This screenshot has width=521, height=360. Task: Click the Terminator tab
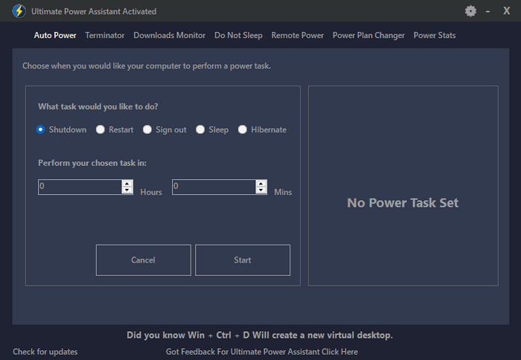[105, 35]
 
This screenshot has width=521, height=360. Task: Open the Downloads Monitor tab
[170, 35]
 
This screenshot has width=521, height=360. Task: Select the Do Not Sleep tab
[238, 35]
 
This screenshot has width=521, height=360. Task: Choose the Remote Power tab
[298, 35]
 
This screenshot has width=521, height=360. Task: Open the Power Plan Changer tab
[368, 35]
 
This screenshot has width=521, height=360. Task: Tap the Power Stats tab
[434, 35]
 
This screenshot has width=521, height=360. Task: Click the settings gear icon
[470, 11]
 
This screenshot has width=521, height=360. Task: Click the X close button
[506, 11]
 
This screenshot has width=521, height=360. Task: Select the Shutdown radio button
[40, 129]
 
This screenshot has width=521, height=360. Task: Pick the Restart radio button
[100, 129]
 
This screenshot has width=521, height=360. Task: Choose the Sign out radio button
[147, 129]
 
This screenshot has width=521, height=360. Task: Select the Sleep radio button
[200, 129]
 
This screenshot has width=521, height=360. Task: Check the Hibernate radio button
[243, 129]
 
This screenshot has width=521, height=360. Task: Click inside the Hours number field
[80, 187]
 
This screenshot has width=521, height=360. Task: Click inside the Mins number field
[214, 187]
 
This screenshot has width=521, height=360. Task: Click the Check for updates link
[45, 352]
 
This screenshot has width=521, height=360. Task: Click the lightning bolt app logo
[19, 11]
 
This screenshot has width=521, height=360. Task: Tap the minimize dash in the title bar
[488, 12]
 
